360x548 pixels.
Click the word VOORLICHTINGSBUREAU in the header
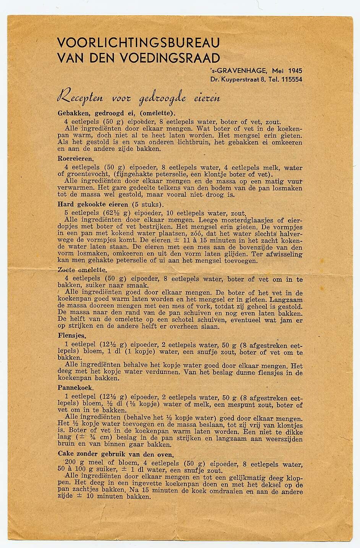[138, 42]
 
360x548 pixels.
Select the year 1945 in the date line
[295, 71]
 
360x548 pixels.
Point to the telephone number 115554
[292, 80]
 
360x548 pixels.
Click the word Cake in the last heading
[65, 455]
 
